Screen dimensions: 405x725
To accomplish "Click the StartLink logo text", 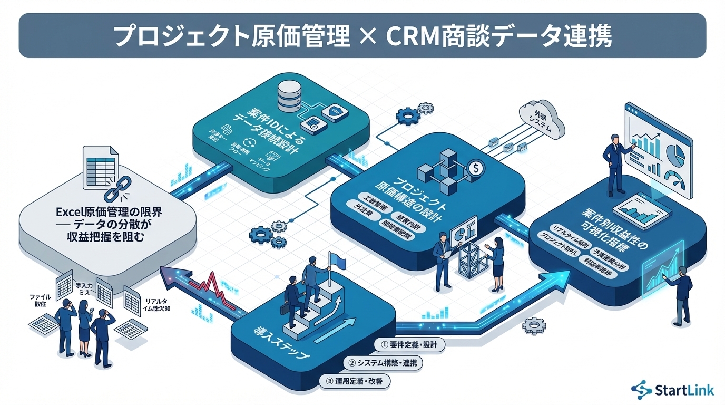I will coord(683,390).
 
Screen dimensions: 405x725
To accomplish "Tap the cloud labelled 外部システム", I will coord(541,120).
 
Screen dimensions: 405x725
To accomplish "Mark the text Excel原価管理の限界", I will coord(109,213).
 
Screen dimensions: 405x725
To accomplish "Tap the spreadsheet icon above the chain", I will coord(99,165).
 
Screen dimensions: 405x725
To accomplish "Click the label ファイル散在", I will coord(41,301).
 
